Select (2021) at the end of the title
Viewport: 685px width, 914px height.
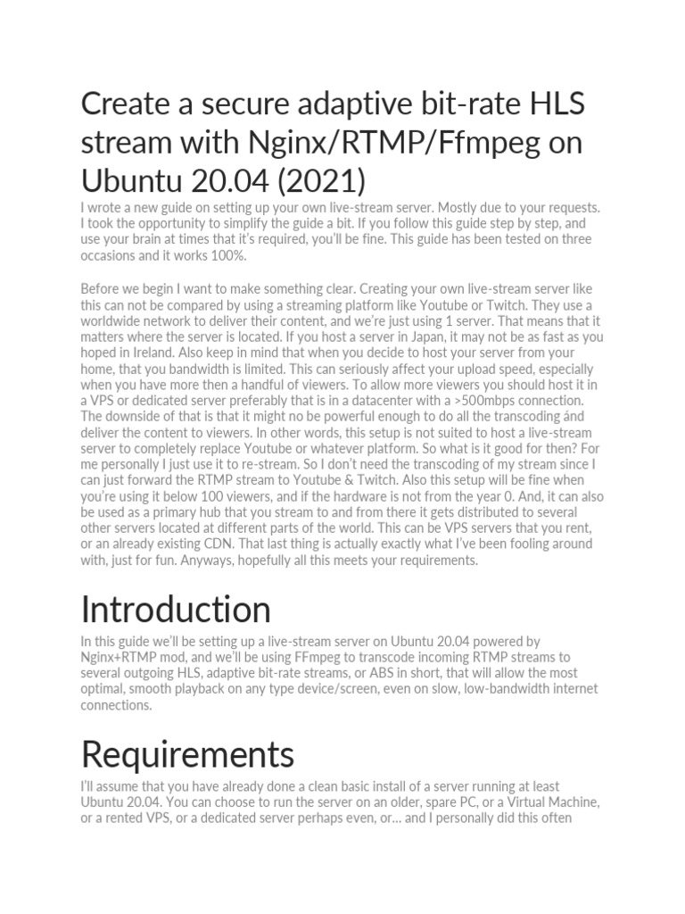click(x=321, y=180)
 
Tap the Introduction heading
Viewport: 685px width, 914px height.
click(x=176, y=610)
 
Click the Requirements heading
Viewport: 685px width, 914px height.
click(x=187, y=754)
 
